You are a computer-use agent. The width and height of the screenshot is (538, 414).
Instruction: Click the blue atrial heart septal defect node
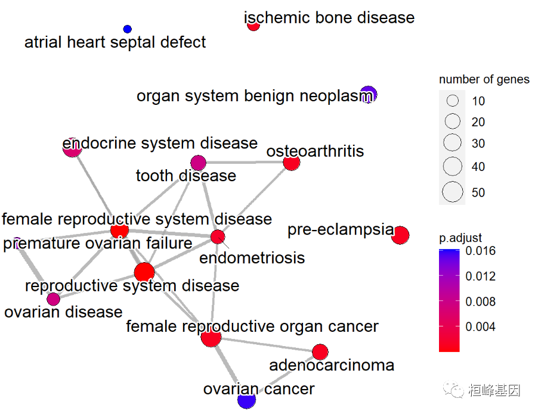127,29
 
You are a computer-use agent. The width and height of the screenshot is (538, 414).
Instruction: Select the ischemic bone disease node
253,25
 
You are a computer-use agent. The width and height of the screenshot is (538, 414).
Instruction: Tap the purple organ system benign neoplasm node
369,94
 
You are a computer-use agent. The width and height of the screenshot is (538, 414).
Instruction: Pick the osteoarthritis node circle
291,162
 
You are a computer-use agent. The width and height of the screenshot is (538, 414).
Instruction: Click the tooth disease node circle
198,162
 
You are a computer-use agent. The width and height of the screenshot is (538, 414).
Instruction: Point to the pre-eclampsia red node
400,235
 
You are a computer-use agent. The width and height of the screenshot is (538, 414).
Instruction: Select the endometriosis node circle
218,236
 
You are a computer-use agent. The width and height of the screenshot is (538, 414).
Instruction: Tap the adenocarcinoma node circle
320,352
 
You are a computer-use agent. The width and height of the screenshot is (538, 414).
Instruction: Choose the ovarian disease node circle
53,299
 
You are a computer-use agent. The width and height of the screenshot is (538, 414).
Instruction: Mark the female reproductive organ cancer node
211,337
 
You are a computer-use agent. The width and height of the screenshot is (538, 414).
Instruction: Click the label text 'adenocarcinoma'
332,365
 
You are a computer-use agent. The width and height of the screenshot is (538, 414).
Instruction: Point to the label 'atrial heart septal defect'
115,43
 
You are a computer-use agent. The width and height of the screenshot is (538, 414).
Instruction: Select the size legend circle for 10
453,101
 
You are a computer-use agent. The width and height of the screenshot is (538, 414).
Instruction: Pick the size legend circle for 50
453,192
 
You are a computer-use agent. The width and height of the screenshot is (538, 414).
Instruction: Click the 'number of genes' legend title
484,80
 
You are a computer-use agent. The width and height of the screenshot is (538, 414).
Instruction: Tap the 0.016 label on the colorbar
481,251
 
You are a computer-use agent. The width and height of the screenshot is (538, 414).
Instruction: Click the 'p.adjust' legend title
460,238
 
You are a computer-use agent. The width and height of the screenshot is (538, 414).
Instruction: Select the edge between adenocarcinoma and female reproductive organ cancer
266,344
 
